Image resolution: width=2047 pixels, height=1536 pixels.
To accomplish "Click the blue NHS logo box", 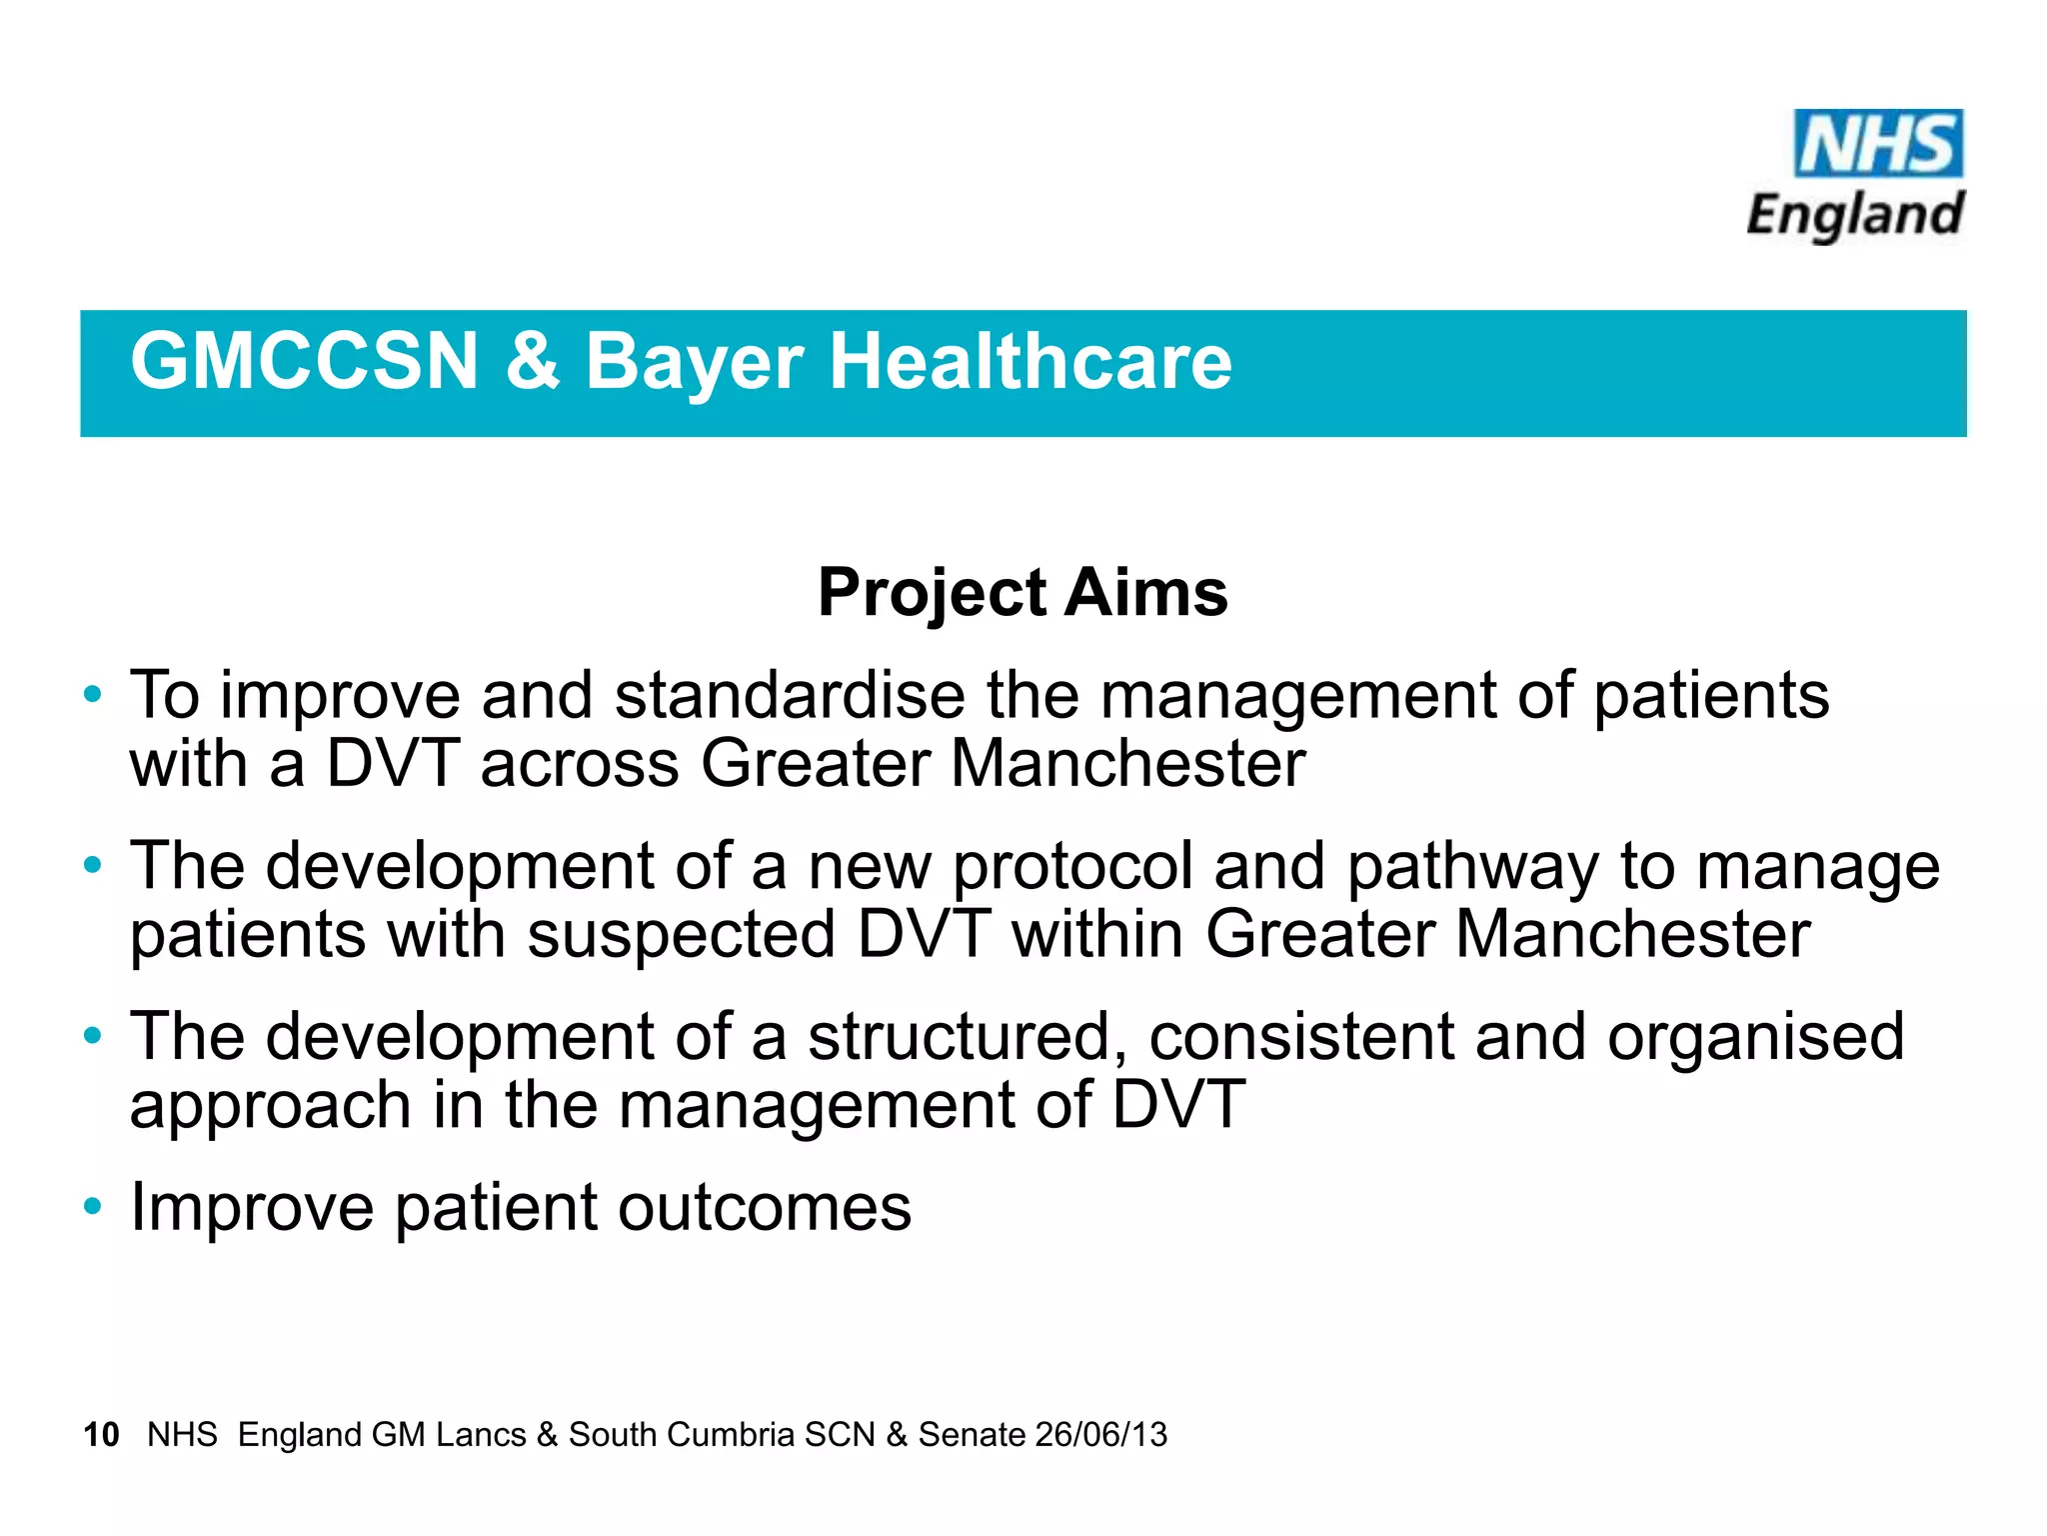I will click(x=1877, y=144).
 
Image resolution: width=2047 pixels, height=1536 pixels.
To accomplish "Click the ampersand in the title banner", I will click(x=532, y=361).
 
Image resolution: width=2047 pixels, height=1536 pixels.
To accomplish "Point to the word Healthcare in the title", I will click(x=1030, y=361).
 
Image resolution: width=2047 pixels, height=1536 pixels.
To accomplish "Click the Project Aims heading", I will click(x=1023, y=593).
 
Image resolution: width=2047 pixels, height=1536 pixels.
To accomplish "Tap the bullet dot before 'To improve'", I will click(x=93, y=694).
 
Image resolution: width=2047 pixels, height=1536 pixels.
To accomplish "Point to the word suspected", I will click(x=681, y=936).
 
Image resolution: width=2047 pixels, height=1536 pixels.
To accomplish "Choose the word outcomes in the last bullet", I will click(x=764, y=1208).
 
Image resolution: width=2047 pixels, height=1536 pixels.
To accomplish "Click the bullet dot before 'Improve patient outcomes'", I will click(x=93, y=1206).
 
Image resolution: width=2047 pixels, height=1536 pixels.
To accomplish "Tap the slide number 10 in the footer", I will click(x=101, y=1434).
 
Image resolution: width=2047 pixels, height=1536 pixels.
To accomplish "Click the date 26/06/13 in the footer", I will click(x=1100, y=1434).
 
